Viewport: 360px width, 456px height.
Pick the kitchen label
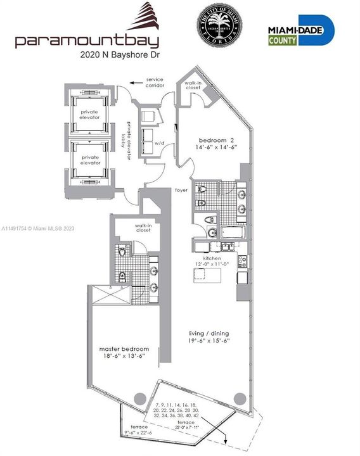coord(211,260)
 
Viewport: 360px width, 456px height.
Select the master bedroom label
coord(124,349)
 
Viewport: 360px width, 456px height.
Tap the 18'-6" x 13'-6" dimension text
coord(124,357)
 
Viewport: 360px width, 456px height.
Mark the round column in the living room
coord(239,398)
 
